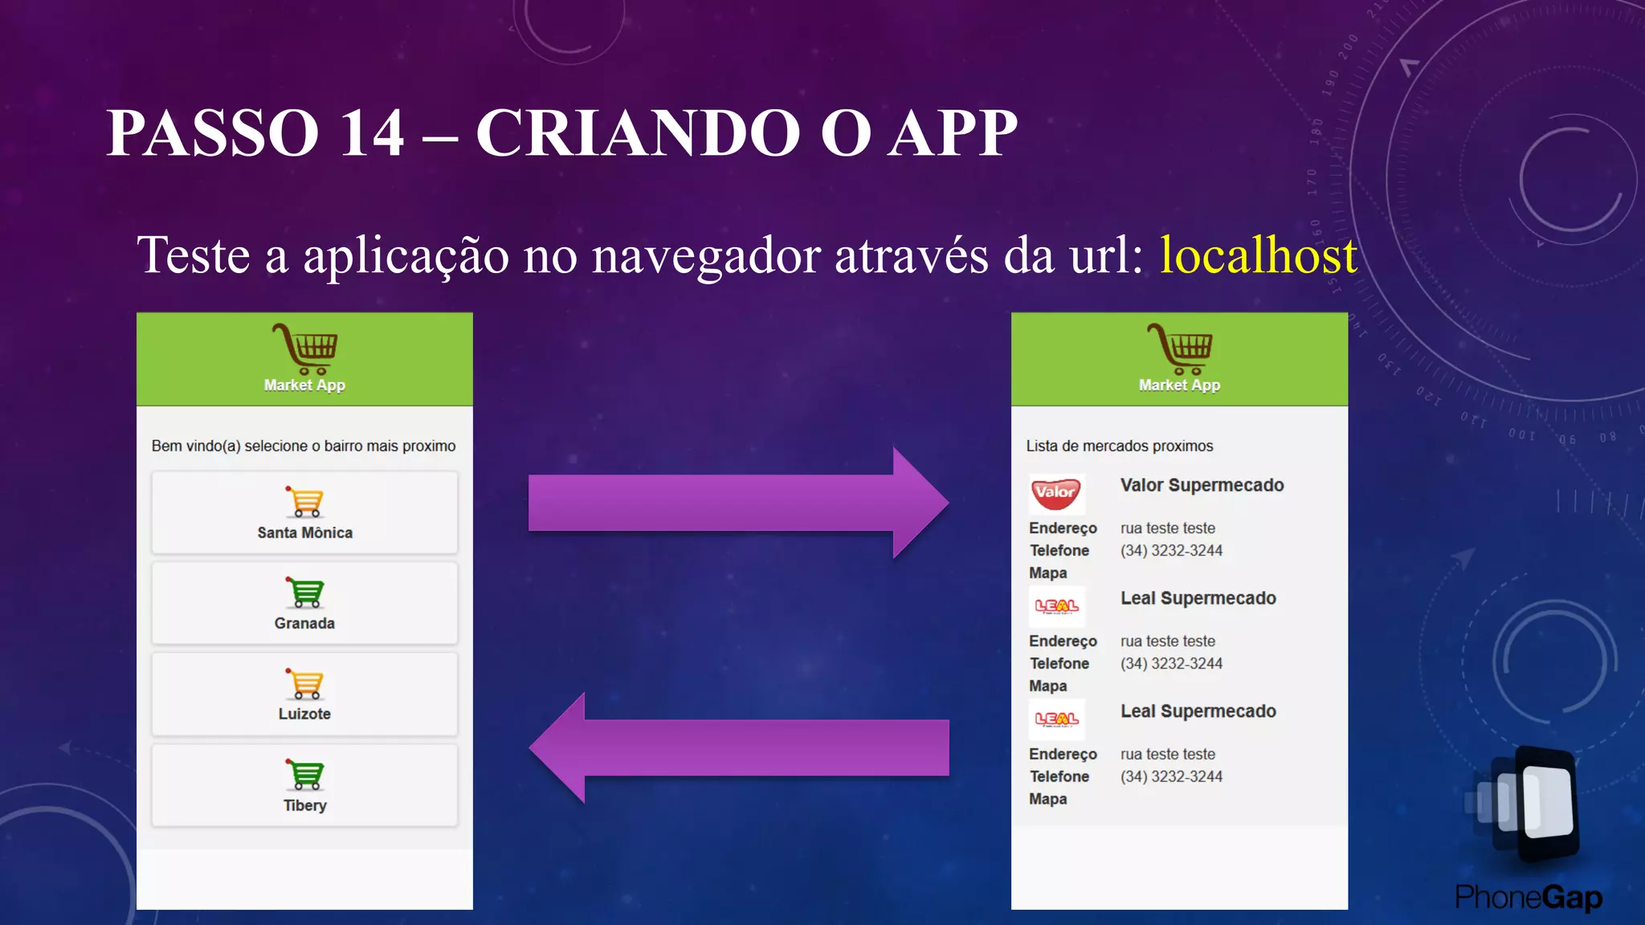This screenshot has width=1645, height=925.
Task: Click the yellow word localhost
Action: click(1258, 256)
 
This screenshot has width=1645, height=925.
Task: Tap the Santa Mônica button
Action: click(304, 512)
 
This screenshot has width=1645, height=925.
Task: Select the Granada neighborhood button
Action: click(304, 603)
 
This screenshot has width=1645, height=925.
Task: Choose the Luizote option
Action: click(304, 694)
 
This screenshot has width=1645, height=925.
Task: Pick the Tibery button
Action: click(304, 785)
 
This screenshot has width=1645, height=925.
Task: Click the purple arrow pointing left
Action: click(739, 748)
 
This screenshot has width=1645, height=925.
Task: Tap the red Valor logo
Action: click(1055, 493)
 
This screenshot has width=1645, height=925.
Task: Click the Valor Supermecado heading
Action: click(1202, 485)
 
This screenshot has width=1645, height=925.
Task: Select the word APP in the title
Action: click(953, 132)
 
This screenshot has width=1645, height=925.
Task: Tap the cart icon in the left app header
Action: click(305, 348)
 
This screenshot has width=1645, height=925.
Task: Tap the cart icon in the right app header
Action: click(1179, 348)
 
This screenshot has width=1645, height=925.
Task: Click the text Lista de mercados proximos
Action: click(1119, 446)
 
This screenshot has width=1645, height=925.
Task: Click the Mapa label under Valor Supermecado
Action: click(1047, 573)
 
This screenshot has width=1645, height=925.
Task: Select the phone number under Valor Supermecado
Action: click(1171, 551)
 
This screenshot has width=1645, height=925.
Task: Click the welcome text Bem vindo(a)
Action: click(196, 446)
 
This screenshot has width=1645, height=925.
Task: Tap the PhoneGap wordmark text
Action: click(1528, 898)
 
